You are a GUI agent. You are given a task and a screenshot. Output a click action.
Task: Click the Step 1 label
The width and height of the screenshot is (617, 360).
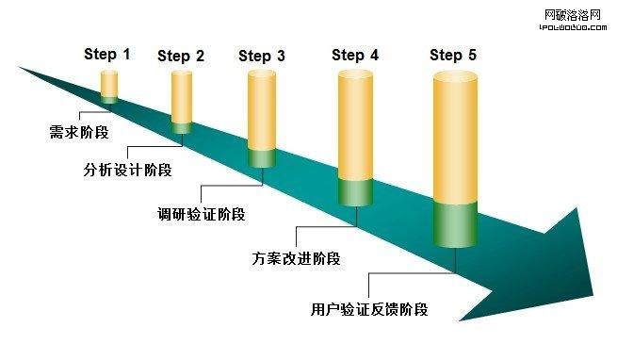click(x=107, y=54)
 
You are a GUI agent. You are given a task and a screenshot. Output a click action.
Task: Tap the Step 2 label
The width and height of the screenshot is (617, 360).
click(x=181, y=56)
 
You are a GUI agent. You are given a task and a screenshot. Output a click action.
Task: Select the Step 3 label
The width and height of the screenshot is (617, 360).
click(x=262, y=56)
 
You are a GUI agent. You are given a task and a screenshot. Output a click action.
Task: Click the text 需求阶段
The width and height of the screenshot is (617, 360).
click(x=79, y=132)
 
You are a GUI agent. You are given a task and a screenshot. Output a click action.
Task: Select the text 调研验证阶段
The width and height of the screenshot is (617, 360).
click(x=202, y=214)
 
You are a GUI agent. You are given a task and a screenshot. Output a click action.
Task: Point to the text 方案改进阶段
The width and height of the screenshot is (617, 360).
click(x=296, y=257)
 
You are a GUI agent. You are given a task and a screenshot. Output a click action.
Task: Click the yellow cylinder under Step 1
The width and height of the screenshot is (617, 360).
click(x=109, y=84)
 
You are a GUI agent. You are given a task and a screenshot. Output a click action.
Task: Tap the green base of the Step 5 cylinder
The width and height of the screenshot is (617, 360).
click(x=456, y=224)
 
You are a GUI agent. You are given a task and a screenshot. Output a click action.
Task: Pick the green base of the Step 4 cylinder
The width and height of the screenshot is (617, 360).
click(x=356, y=190)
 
